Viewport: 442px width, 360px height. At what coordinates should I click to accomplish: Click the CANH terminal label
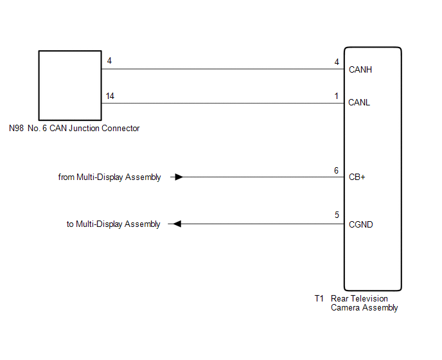360,69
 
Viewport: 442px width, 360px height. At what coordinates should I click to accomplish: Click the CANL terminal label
359,102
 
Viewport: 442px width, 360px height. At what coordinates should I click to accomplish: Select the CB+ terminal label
357,177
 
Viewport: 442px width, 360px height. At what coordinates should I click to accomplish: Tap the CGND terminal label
360,224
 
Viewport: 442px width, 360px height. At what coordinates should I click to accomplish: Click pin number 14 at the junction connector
110,96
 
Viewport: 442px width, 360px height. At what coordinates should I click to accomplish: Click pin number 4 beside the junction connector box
109,61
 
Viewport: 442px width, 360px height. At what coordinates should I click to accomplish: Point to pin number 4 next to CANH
337,62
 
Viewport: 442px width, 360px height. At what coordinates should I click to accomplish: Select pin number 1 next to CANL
337,96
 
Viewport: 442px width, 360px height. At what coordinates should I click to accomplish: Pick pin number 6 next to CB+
336,170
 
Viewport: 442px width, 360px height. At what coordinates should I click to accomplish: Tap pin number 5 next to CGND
337,215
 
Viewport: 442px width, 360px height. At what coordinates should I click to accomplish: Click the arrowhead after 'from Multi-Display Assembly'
179,177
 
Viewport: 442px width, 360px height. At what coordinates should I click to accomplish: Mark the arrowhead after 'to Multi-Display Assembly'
175,224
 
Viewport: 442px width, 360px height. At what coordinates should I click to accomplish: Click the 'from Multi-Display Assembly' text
109,177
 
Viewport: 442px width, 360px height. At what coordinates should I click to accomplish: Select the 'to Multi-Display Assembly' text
113,224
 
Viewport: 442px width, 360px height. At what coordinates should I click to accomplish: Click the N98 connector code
17,129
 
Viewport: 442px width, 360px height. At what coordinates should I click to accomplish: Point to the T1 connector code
319,299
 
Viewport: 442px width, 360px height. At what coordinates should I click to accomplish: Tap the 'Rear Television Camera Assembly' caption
364,303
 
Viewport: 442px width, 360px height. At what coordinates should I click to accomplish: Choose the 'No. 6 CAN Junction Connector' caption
84,129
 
